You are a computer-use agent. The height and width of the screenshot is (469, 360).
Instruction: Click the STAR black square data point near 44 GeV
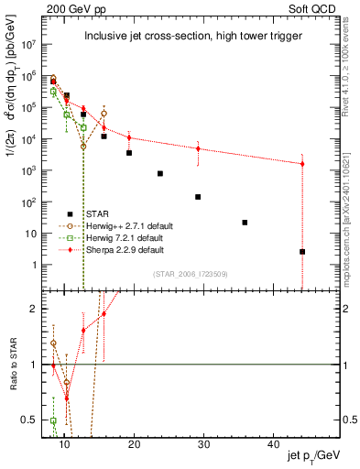coord(302,251)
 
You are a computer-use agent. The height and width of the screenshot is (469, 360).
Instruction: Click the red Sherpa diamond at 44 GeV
coord(302,164)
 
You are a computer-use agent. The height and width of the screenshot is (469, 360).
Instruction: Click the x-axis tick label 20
coord(134,444)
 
